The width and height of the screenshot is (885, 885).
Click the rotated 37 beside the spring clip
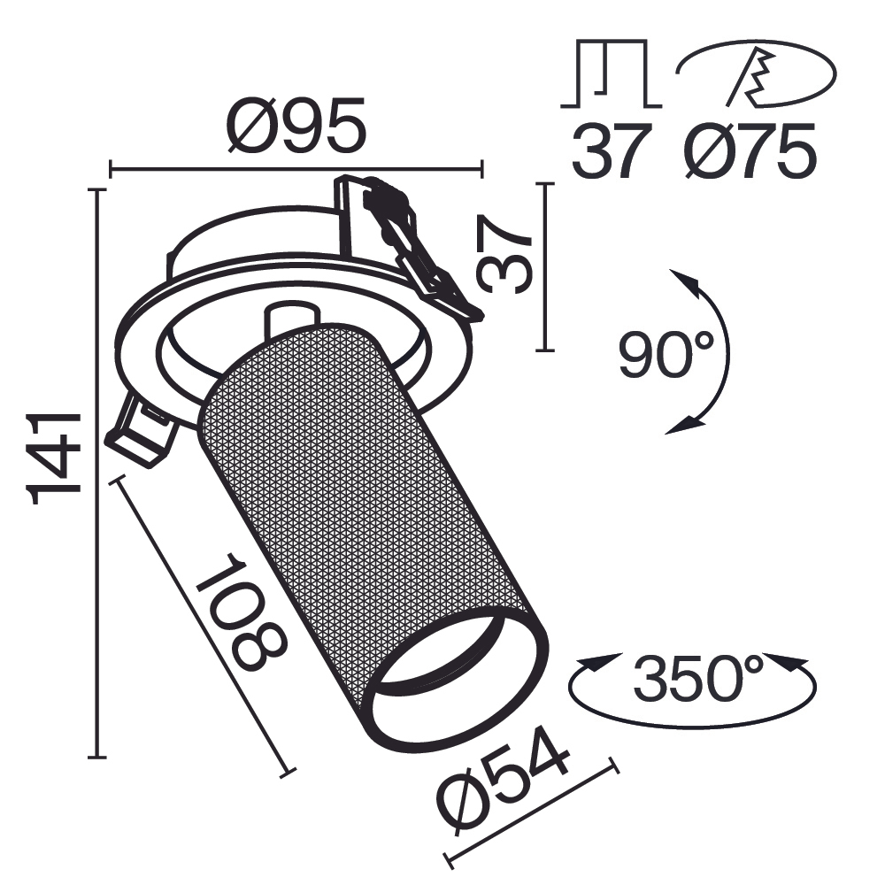[x=505, y=253]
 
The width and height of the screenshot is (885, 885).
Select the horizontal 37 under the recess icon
[x=611, y=151]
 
